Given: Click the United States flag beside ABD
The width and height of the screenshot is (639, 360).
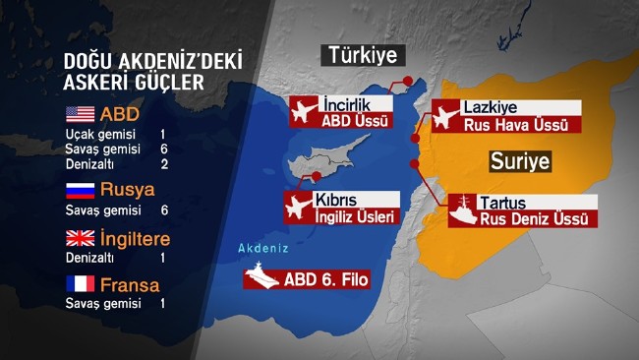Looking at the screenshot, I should tap(79, 112).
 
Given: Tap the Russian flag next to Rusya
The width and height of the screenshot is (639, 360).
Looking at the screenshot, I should tap(79, 190).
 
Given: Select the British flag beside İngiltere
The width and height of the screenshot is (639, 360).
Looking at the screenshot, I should tap(79, 239).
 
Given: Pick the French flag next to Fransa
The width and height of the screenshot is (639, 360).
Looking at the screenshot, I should tap(79, 285).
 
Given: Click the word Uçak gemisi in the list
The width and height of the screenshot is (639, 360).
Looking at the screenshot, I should tap(97, 132).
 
